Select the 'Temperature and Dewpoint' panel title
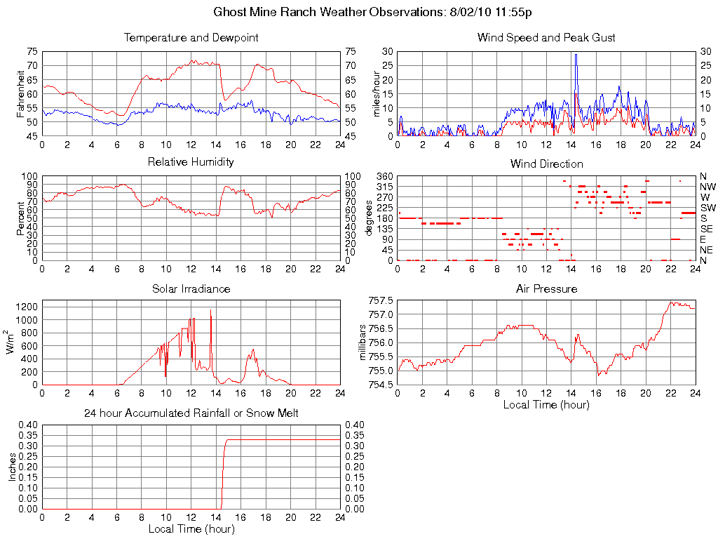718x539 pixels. point(191,38)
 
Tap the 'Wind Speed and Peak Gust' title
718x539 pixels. point(546,38)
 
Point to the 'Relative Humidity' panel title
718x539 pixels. point(191,162)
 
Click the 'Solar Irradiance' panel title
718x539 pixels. point(191,288)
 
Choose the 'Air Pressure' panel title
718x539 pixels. point(546,288)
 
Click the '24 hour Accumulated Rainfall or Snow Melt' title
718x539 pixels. point(191,413)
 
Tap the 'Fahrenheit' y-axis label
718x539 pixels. point(20,94)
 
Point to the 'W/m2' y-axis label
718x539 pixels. point(12,342)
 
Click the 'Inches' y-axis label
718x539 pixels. point(12,467)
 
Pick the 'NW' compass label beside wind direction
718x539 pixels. point(707,187)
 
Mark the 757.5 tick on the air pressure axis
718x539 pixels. point(381,300)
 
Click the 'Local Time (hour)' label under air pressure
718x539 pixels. point(546,404)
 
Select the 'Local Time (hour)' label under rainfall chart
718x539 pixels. point(191,528)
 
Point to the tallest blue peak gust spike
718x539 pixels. point(576,55)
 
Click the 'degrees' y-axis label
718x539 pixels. point(370,218)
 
